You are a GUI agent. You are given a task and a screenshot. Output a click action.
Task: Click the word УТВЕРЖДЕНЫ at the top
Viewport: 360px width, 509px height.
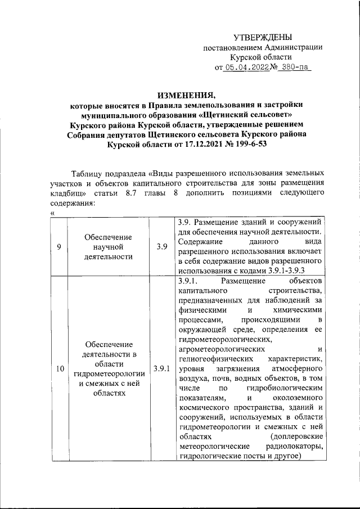click(x=263, y=37)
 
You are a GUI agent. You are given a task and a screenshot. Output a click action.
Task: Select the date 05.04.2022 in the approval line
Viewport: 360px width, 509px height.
click(x=245, y=67)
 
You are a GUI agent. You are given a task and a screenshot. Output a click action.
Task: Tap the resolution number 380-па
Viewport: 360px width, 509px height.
click(x=295, y=67)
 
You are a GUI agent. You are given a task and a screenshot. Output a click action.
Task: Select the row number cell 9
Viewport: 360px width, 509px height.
click(x=59, y=246)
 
